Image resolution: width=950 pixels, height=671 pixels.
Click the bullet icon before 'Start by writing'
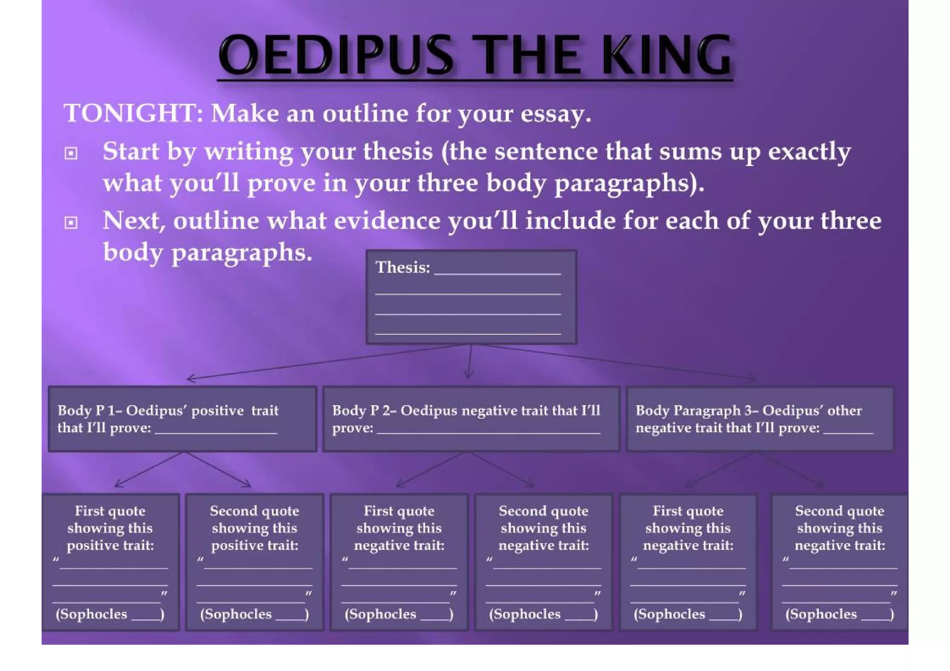tap(71, 153)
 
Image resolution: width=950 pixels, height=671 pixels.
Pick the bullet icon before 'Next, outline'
tap(71, 223)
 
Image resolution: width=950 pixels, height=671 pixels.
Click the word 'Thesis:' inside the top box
tap(403, 268)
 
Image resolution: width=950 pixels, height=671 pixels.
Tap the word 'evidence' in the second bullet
tap(386, 221)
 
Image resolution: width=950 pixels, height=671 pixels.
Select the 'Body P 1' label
tap(87, 410)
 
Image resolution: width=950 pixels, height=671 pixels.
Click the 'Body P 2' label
tap(362, 410)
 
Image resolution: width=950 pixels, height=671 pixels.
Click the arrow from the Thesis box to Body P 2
tap(470, 362)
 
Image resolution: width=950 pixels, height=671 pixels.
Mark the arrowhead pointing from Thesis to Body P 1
tap(190, 378)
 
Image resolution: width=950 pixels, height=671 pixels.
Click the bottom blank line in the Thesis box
tap(468, 333)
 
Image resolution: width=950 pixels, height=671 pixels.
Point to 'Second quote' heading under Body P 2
tap(543, 511)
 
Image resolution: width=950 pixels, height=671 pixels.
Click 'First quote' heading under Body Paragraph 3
tap(687, 511)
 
